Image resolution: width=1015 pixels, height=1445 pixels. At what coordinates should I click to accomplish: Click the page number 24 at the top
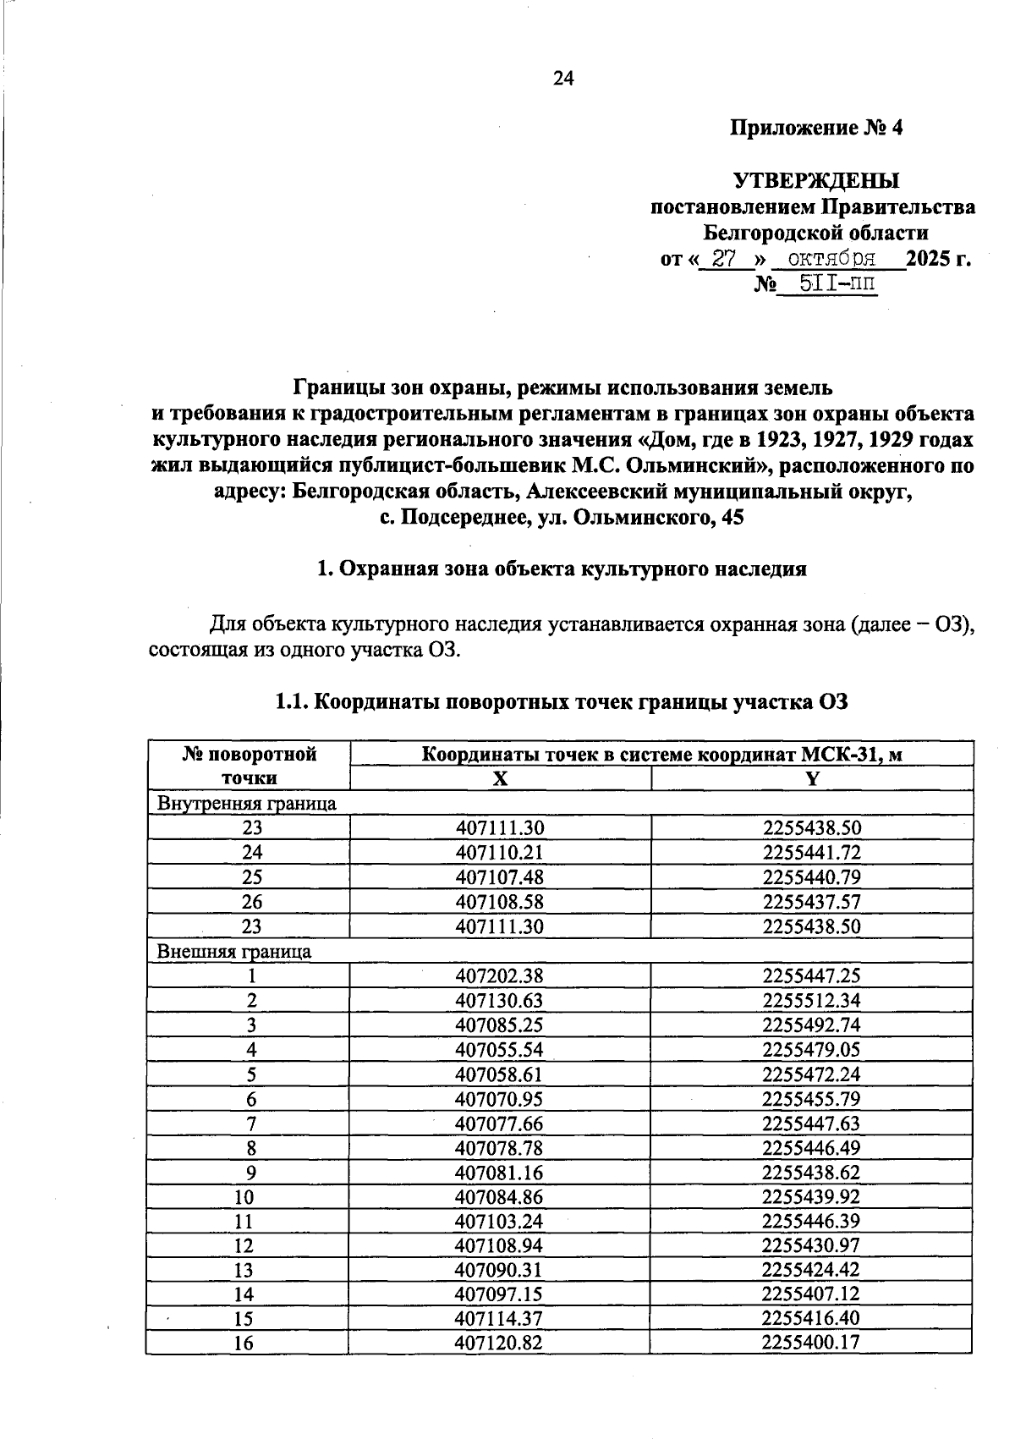pos(563,79)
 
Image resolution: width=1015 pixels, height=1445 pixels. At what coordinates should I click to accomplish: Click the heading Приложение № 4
pos(816,129)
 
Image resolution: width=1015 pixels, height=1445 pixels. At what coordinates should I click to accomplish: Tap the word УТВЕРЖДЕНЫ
pos(816,181)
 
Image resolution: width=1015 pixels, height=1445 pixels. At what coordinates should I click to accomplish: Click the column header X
pos(501,779)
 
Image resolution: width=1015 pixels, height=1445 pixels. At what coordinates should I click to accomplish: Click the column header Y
pos(812,779)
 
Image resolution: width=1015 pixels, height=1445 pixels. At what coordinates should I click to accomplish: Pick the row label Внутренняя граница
pos(247,804)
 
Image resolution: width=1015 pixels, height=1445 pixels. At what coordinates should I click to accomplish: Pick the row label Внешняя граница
pos(234,951)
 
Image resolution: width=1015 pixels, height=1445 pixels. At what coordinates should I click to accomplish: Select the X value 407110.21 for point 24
pos(499,853)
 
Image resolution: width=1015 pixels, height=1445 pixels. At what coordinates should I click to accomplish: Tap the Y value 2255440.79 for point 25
pos(811,877)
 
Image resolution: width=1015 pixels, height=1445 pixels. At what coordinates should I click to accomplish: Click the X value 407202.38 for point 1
pos(499,975)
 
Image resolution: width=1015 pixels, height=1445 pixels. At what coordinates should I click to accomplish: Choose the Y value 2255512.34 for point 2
pos(811,1000)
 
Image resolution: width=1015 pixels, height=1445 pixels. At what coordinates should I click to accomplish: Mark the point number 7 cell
pos(250,1124)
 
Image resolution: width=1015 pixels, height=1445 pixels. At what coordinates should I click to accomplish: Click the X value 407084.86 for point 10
pos(499,1197)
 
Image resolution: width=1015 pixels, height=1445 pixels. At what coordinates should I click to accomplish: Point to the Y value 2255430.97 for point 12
pos(811,1245)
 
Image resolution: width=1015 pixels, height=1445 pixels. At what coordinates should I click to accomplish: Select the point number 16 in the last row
pos(244,1343)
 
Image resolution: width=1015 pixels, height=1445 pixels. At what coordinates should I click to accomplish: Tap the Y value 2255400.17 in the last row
pos(811,1343)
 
